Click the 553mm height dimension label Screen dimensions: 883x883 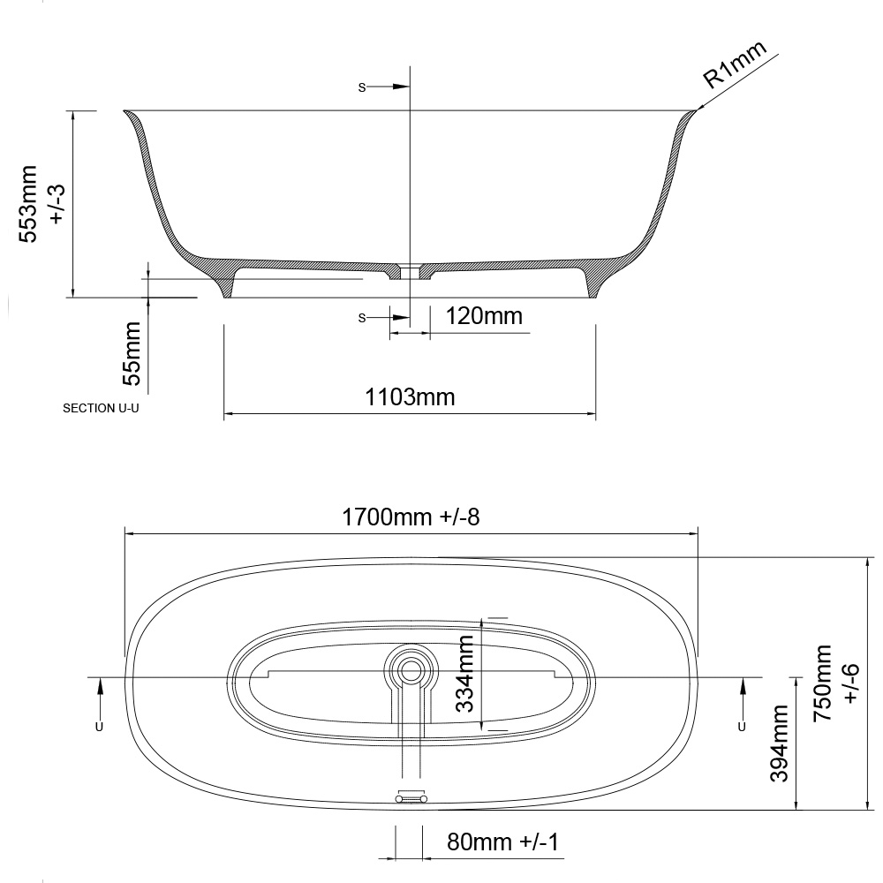(41, 203)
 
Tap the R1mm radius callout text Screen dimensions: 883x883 (735, 66)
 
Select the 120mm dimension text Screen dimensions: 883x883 (484, 315)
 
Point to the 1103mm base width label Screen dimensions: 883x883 (410, 397)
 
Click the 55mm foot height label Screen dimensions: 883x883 (130, 353)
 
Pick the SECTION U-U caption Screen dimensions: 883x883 (102, 410)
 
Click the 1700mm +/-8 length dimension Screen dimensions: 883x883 (411, 517)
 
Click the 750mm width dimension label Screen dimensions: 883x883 (834, 684)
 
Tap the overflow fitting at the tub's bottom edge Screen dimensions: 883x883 (411, 797)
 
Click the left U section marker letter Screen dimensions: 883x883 (98, 726)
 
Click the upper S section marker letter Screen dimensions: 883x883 (361, 87)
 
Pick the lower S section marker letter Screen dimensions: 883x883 (361, 318)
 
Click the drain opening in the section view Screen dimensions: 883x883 (411, 270)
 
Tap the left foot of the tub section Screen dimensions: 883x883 (226, 284)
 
